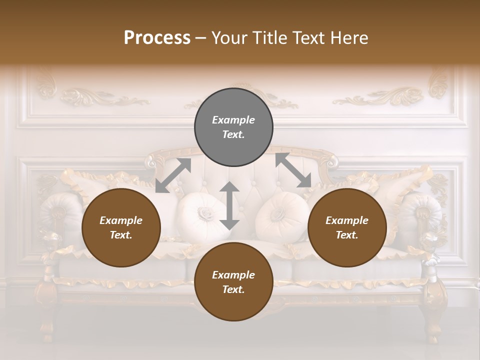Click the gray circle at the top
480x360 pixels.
coord(233,127)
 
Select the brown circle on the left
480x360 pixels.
coord(121,228)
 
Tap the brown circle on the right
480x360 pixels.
coord(347,228)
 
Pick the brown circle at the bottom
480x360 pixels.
coord(233,282)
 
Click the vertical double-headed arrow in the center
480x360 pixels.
coord(229,205)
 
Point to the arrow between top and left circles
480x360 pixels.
coord(173,175)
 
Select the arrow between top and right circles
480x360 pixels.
coord(293,170)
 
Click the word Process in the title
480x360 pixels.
coord(157,37)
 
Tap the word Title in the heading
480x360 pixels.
coord(270,37)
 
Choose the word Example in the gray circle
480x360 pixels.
coord(233,120)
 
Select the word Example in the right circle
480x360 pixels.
coord(347,220)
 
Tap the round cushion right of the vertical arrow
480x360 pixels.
coord(281,216)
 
